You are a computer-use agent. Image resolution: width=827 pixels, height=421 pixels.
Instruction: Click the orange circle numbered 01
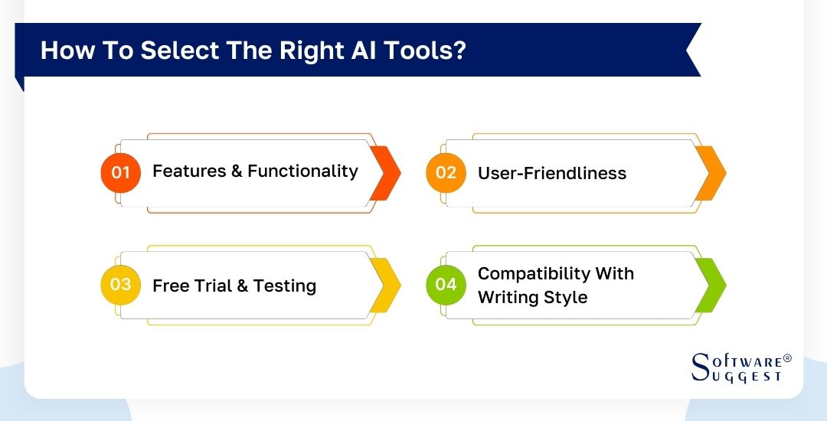[x=120, y=172]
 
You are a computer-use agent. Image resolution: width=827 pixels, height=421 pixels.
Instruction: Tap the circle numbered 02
[x=446, y=172]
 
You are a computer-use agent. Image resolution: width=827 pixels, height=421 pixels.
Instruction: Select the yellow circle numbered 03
[x=120, y=285]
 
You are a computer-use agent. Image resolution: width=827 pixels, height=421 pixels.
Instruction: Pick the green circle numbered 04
[x=446, y=285]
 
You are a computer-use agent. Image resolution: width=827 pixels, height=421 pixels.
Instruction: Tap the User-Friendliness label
[x=551, y=173]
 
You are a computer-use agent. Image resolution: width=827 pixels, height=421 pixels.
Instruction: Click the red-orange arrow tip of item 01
[x=387, y=173]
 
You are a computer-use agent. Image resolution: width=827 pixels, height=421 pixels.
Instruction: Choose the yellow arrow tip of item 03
[x=387, y=286]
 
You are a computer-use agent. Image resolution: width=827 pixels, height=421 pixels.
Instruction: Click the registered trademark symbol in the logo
[x=787, y=358]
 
